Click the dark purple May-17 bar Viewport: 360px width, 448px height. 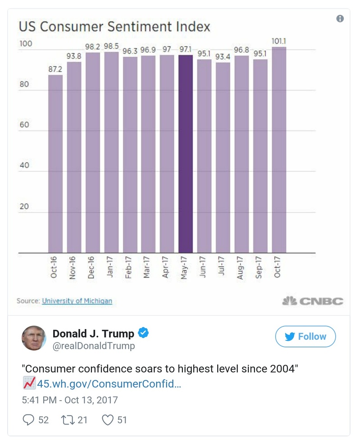186,153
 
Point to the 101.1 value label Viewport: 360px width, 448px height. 279,41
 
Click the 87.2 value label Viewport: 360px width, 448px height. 55,69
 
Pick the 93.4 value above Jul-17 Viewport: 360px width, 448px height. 223,57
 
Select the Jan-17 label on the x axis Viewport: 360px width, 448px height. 110,267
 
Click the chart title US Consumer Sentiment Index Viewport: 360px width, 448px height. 114,27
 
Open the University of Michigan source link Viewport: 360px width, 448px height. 77,301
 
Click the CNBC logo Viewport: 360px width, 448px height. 312,301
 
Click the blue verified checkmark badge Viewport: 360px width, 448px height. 143,333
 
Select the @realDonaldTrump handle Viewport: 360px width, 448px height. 94,346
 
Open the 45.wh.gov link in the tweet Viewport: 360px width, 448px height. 109,384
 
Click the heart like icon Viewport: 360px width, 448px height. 107,420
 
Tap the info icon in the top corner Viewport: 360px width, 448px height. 340,18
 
